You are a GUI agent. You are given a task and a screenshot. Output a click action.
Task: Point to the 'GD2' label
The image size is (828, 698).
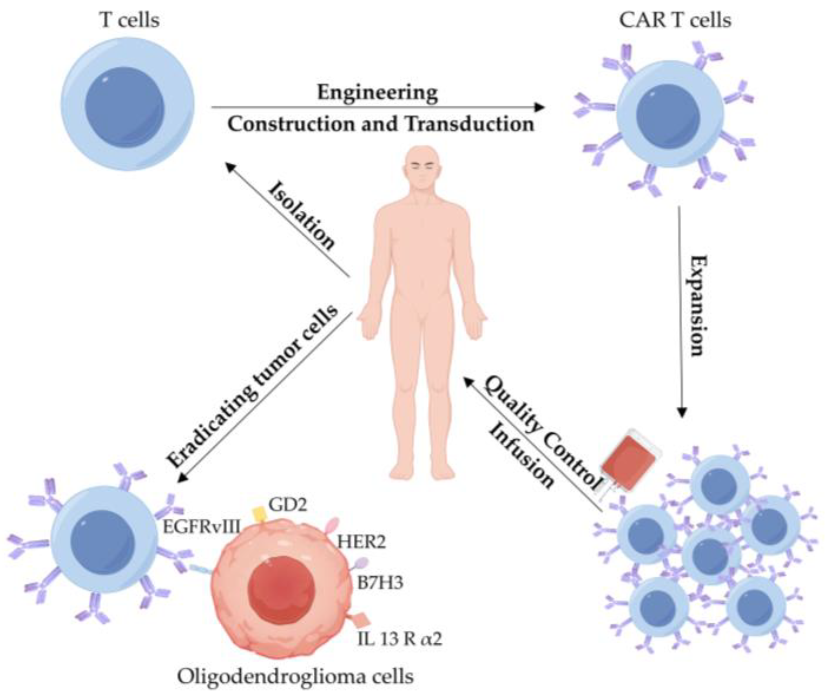tap(288, 504)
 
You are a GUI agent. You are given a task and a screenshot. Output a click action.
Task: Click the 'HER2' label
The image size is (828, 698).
tap(361, 542)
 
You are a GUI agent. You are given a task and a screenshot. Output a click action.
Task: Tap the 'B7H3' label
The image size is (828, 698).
tap(380, 583)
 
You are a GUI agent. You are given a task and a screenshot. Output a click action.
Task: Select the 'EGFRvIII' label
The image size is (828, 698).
tap(201, 527)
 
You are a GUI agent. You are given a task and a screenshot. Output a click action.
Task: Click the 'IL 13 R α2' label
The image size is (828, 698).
tap(399, 639)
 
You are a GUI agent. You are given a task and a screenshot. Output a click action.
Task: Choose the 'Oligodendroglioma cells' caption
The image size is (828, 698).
tap(295, 676)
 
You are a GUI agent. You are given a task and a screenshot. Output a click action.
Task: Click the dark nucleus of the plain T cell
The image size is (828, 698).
tap(124, 107)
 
